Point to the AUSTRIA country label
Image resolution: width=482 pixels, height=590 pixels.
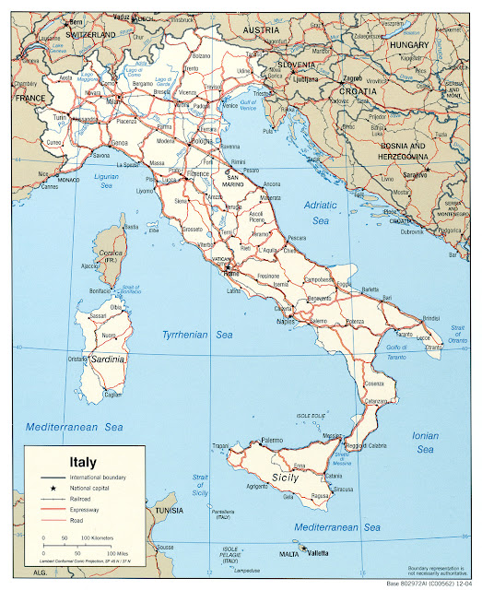pyautogui.click(x=260, y=30)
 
